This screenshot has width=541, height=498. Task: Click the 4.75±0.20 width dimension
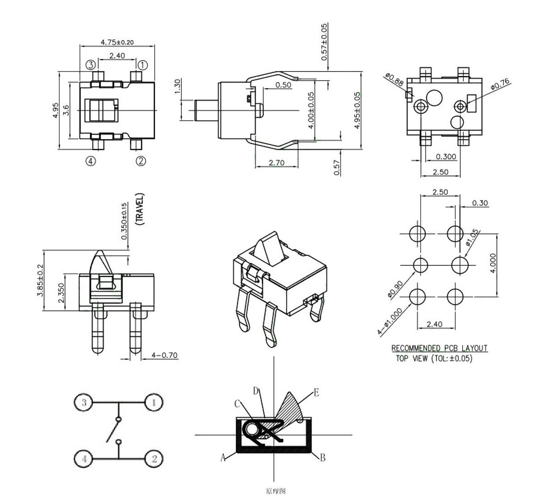117,42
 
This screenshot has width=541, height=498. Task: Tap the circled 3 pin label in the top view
91,64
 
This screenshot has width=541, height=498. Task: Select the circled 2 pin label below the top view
141,161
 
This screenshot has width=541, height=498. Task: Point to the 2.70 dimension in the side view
277,163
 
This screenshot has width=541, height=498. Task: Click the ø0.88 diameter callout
394,79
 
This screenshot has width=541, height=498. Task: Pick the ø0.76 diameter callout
499,84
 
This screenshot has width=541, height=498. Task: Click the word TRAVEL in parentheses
140,210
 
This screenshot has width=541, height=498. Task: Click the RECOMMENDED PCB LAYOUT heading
439,348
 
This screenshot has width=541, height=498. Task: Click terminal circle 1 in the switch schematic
154,403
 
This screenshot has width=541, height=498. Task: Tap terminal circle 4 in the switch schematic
84,458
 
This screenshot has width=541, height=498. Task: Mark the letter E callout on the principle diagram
316,392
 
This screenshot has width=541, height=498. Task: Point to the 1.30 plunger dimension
178,86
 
